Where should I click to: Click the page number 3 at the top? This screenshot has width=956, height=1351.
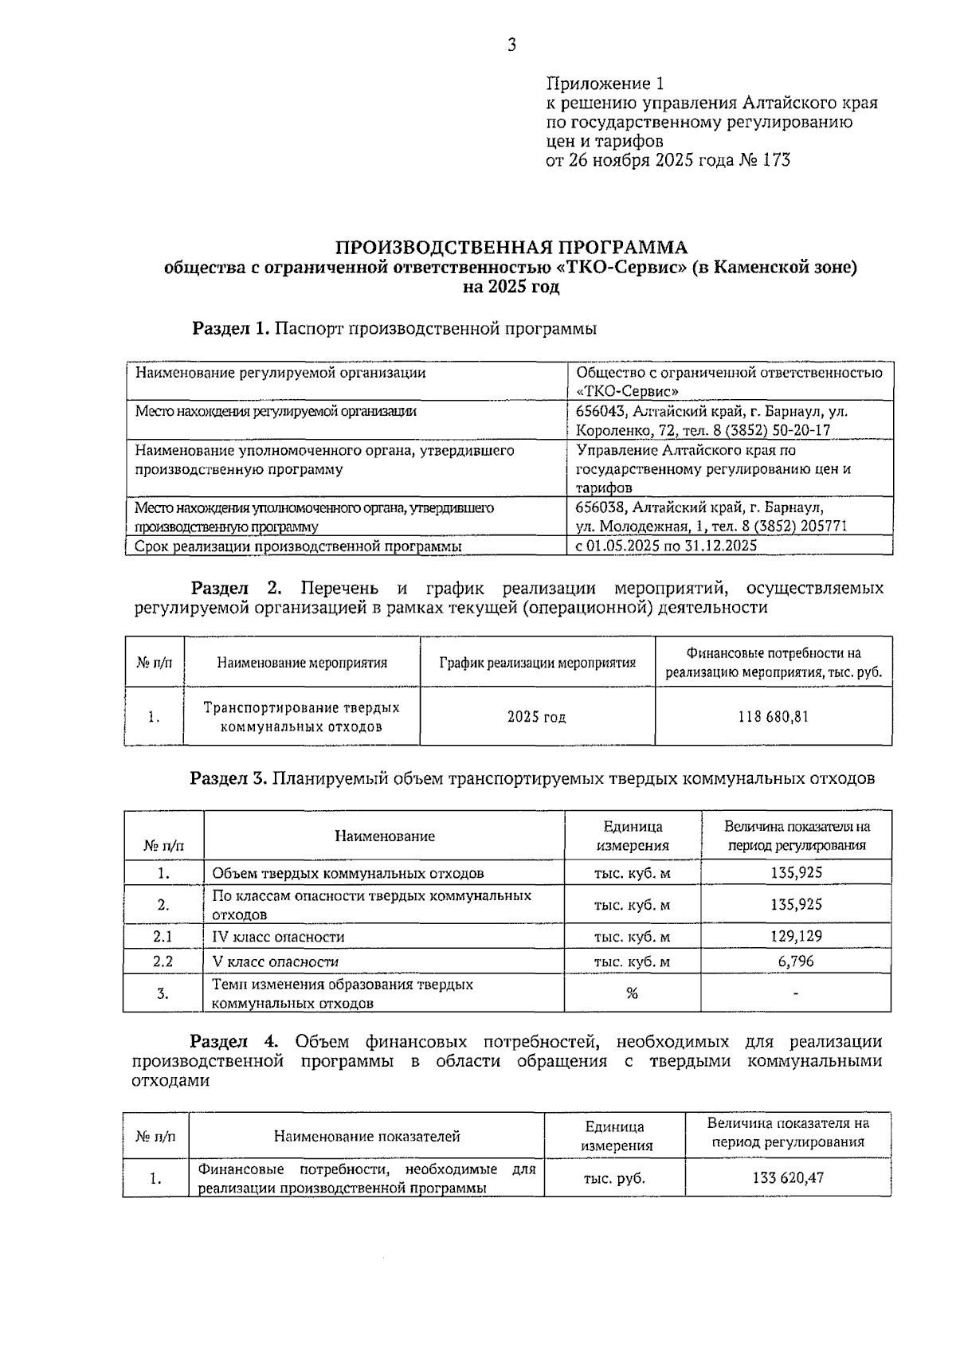point(511,45)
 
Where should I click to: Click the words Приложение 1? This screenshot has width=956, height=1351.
point(605,84)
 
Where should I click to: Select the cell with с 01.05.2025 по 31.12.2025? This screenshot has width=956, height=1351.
point(665,546)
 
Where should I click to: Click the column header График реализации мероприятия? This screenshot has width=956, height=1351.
point(538,663)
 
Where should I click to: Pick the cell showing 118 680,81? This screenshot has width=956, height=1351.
point(773,716)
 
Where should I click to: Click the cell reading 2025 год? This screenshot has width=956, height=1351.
point(537,717)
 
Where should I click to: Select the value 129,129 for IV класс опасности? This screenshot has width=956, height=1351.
point(796,937)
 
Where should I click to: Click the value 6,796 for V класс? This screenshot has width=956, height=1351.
point(796,961)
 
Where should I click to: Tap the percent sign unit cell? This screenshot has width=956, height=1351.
point(632,993)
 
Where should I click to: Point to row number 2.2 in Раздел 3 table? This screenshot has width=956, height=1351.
point(163,961)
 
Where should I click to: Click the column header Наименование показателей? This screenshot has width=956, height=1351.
point(366,1136)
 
